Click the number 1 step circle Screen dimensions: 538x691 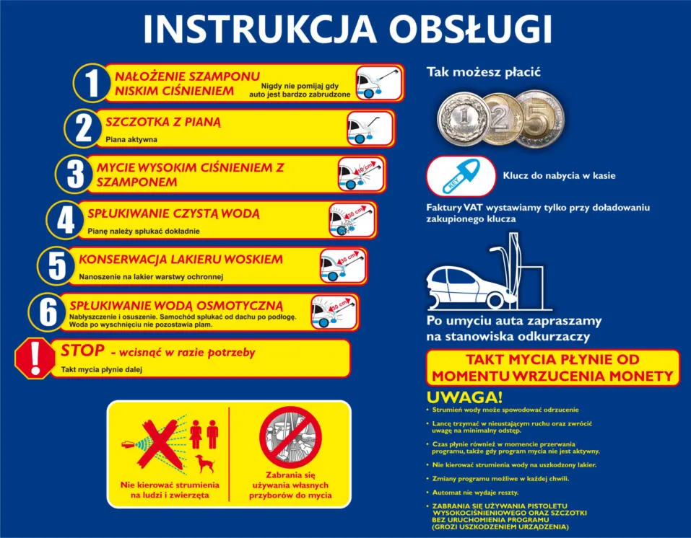91,84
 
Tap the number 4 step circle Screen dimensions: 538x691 65,219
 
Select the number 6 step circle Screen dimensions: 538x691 48,312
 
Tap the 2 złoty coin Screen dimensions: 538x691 500,118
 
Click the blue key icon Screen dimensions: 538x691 460,176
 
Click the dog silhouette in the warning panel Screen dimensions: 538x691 204,463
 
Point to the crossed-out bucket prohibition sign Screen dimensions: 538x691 290,437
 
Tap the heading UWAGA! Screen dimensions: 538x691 464,397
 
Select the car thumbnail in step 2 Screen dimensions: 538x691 370,128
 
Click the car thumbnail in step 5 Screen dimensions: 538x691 343,265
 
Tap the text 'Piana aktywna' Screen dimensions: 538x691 131,139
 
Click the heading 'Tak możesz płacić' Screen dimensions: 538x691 483,72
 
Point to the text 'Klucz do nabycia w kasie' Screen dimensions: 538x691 559,175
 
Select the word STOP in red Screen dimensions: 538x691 82,351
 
